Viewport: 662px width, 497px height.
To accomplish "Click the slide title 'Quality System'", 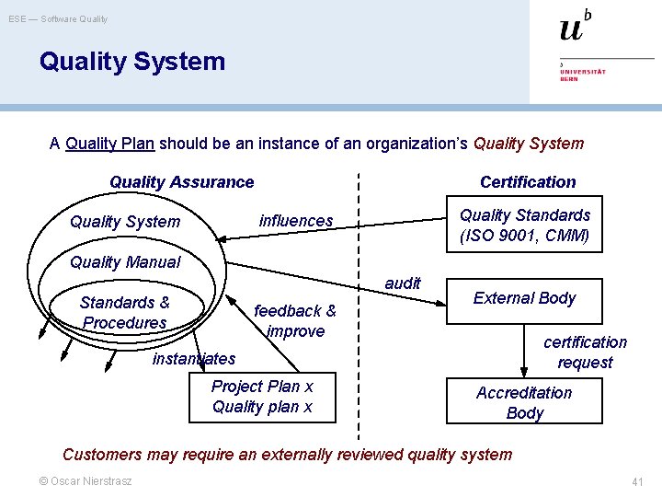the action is point(131,62).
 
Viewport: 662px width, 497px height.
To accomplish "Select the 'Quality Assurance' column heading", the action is point(181,182).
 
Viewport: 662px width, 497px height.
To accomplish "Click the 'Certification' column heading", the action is point(528,182).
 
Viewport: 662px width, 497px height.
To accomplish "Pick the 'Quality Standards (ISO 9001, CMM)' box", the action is point(524,225).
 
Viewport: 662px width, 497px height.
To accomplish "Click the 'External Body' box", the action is point(524,299).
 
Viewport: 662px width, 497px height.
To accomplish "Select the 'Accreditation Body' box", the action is point(524,402).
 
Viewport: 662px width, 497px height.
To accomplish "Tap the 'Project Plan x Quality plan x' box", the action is point(262,397).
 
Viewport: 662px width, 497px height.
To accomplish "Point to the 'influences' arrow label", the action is point(296,221).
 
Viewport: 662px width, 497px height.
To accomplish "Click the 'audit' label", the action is point(403,283).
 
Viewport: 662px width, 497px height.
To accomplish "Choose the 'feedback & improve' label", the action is point(295,321).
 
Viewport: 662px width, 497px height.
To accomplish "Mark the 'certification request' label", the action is point(585,353).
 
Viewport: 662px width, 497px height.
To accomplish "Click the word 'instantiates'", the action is point(194,359).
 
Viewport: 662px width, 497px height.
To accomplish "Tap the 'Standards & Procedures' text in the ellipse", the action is point(124,313).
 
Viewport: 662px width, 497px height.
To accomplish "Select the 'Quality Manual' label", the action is point(125,262).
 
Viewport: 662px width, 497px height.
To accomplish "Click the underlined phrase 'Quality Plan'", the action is point(110,144).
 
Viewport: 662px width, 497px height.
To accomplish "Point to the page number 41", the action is point(637,482).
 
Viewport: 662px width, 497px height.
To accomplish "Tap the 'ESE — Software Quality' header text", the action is point(58,18).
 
